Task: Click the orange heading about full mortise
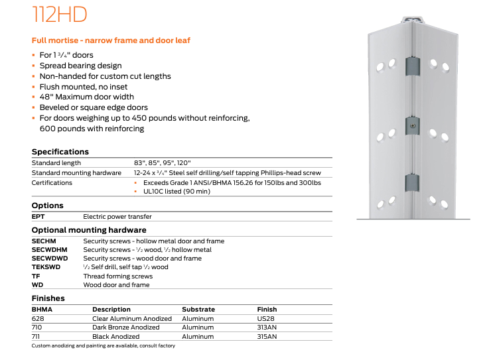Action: tap(111, 40)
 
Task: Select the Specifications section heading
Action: tap(60, 152)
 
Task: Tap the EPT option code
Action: tap(38, 216)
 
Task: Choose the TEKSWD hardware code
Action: tap(46, 267)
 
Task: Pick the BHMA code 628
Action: tap(37, 319)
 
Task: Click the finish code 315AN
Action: tap(267, 337)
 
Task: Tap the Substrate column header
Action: tap(198, 310)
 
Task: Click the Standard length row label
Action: tap(56, 162)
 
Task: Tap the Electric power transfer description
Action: tap(117, 216)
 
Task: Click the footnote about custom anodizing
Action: tap(104, 345)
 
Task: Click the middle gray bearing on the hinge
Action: tap(412, 125)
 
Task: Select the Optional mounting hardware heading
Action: tap(89, 230)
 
